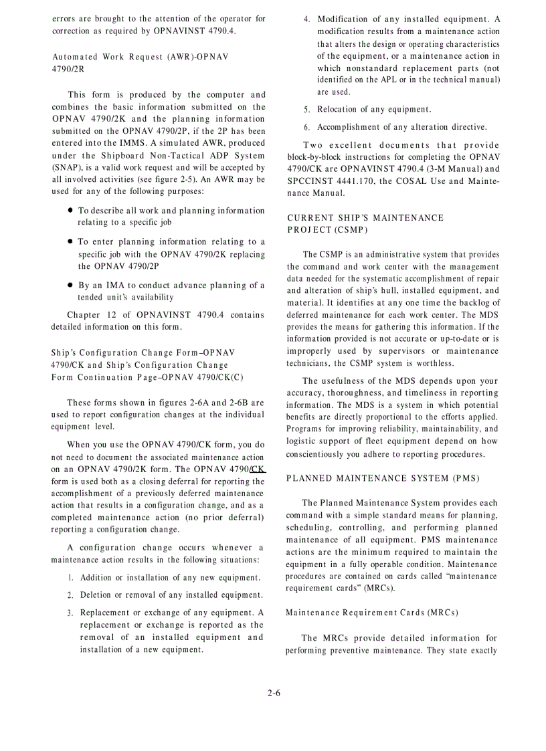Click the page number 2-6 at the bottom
click(273, 693)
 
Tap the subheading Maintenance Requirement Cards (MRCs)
click(371, 613)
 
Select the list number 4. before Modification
click(306, 20)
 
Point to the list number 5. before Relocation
click(306, 110)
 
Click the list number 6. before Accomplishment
click(306, 128)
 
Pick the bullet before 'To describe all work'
click(70, 211)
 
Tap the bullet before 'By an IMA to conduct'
click(70, 286)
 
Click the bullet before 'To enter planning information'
click(70, 242)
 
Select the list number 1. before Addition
click(70, 578)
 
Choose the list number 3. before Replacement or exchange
click(70, 613)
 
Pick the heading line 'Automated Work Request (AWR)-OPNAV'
click(140, 57)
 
